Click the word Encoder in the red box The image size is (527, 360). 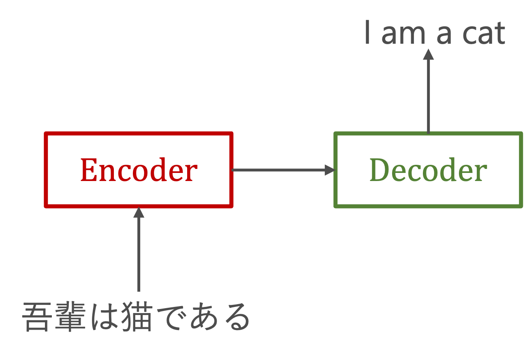click(x=139, y=170)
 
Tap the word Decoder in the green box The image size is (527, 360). click(x=428, y=170)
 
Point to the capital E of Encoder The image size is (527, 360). click(x=88, y=170)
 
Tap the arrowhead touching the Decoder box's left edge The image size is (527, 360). click(x=330, y=170)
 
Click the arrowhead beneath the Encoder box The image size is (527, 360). click(x=139, y=213)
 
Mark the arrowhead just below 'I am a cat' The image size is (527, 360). click(x=428, y=54)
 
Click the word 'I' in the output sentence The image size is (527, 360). click(x=367, y=34)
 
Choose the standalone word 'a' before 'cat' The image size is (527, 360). click(x=443, y=36)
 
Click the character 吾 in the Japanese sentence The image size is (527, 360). click(x=36, y=317)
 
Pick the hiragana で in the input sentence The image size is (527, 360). click(x=170, y=317)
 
